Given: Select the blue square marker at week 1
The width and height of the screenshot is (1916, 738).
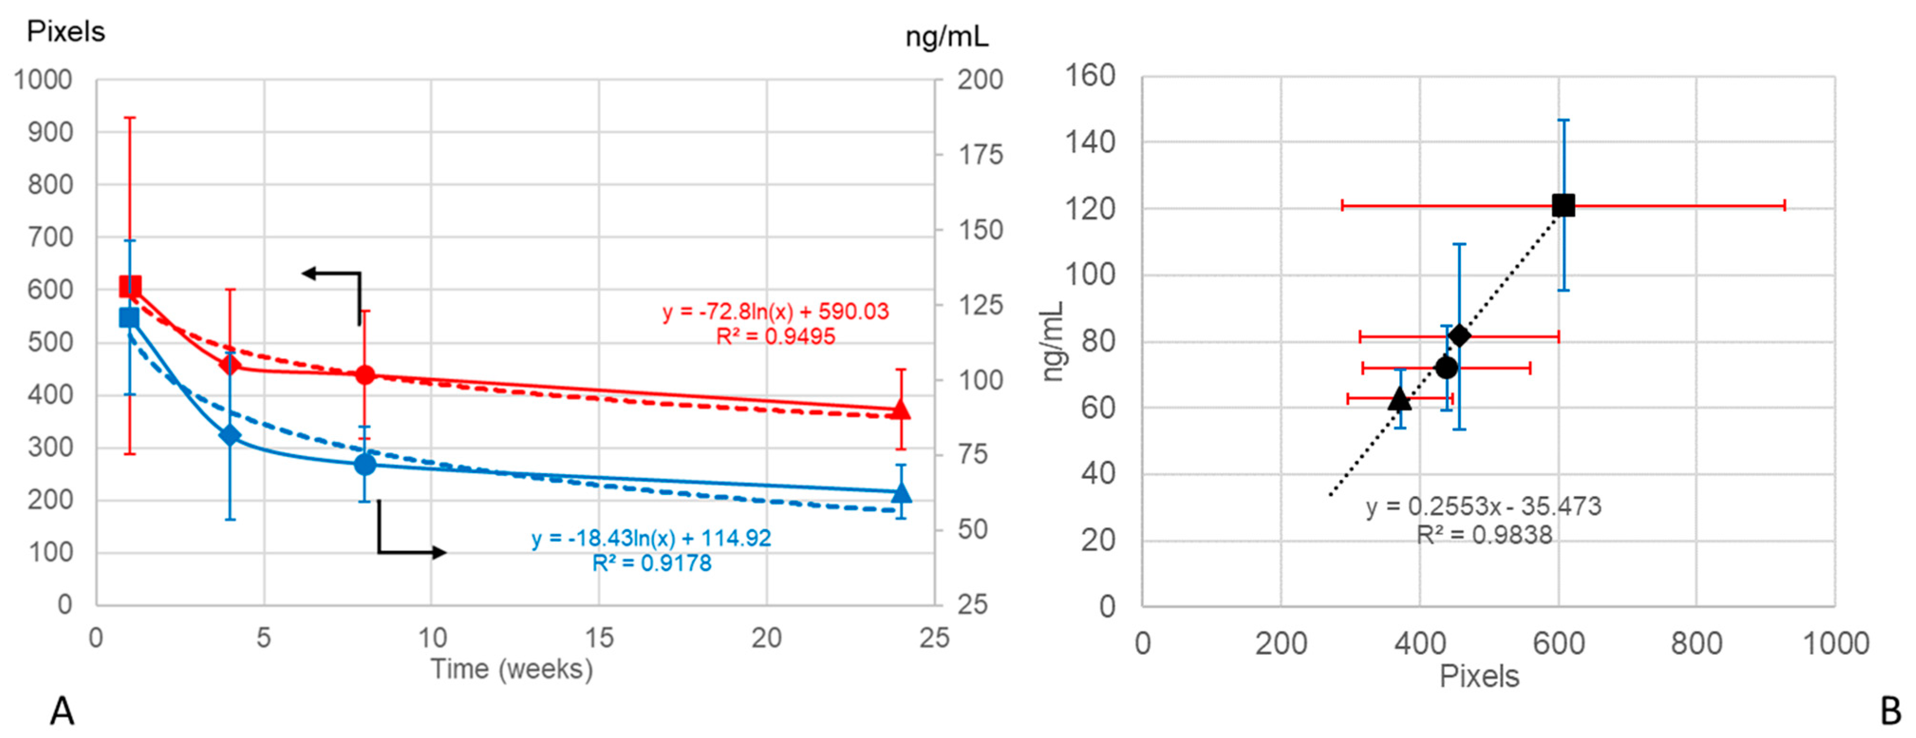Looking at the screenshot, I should [x=130, y=318].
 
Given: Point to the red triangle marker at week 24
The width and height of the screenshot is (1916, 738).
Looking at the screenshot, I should [x=901, y=410].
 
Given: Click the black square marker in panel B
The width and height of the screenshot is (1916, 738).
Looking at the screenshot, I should [x=1563, y=206].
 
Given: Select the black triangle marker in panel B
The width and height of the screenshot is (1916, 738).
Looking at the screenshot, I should [x=1400, y=400].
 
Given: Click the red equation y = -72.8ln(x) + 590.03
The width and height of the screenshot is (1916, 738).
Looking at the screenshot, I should [x=776, y=311].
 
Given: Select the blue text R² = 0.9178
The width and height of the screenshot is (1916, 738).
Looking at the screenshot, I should [x=652, y=564].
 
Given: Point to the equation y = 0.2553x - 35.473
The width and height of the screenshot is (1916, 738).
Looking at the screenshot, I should [x=1484, y=506].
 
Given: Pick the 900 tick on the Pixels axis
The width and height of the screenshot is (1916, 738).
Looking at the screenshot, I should [x=51, y=132].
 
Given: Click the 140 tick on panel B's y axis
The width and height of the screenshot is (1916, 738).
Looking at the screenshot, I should [x=1090, y=141].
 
